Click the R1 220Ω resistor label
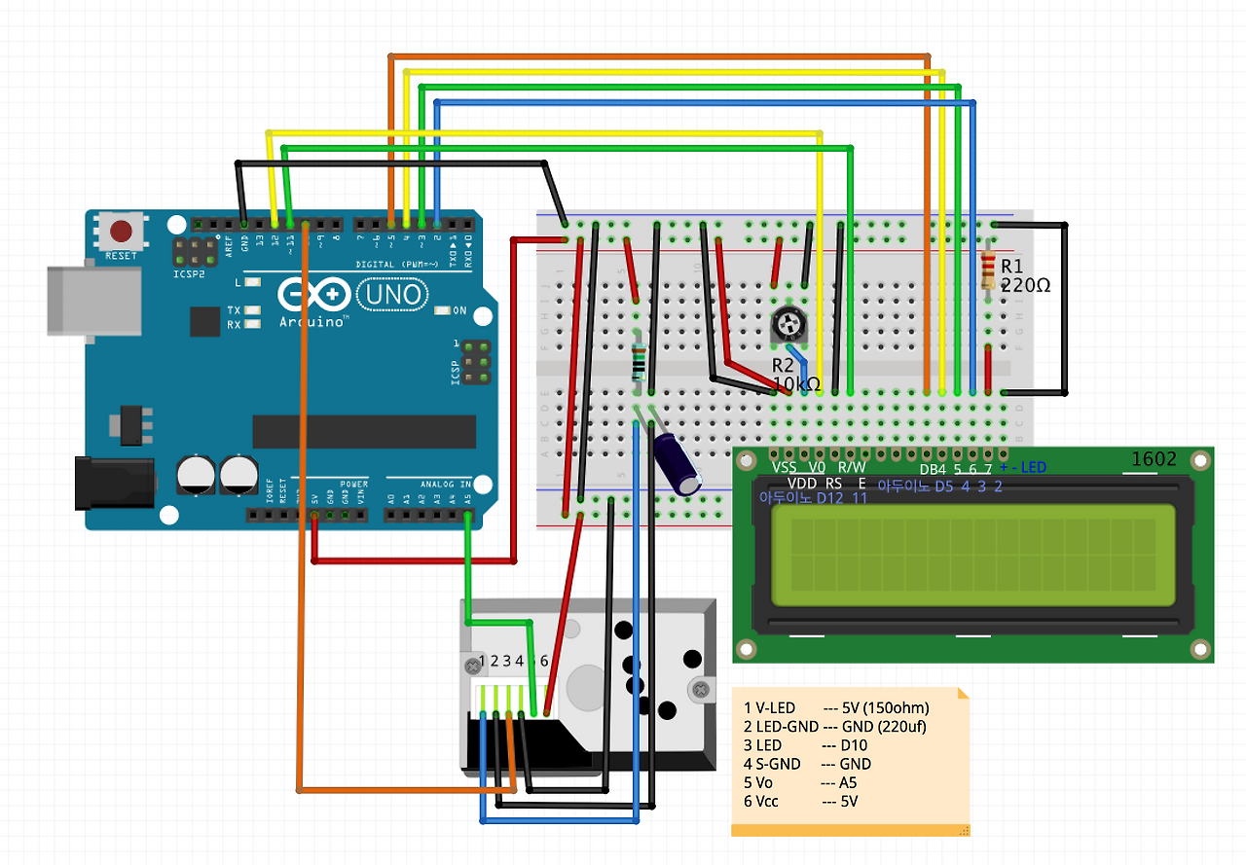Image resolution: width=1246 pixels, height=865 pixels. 1025,276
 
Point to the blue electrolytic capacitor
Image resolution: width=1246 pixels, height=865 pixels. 678,462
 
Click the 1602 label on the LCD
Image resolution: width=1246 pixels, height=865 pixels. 1154,459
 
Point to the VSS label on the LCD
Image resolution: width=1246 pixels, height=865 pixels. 784,468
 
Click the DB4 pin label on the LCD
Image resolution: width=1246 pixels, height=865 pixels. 933,470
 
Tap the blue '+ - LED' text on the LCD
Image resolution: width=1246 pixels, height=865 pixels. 1022,468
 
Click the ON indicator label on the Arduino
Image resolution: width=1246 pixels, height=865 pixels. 459,311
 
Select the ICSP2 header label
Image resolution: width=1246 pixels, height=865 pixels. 189,274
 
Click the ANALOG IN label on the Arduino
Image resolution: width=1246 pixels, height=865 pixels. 444,484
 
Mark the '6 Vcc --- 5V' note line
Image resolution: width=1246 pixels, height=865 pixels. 799,801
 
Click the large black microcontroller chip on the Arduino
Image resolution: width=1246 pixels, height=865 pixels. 364,431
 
